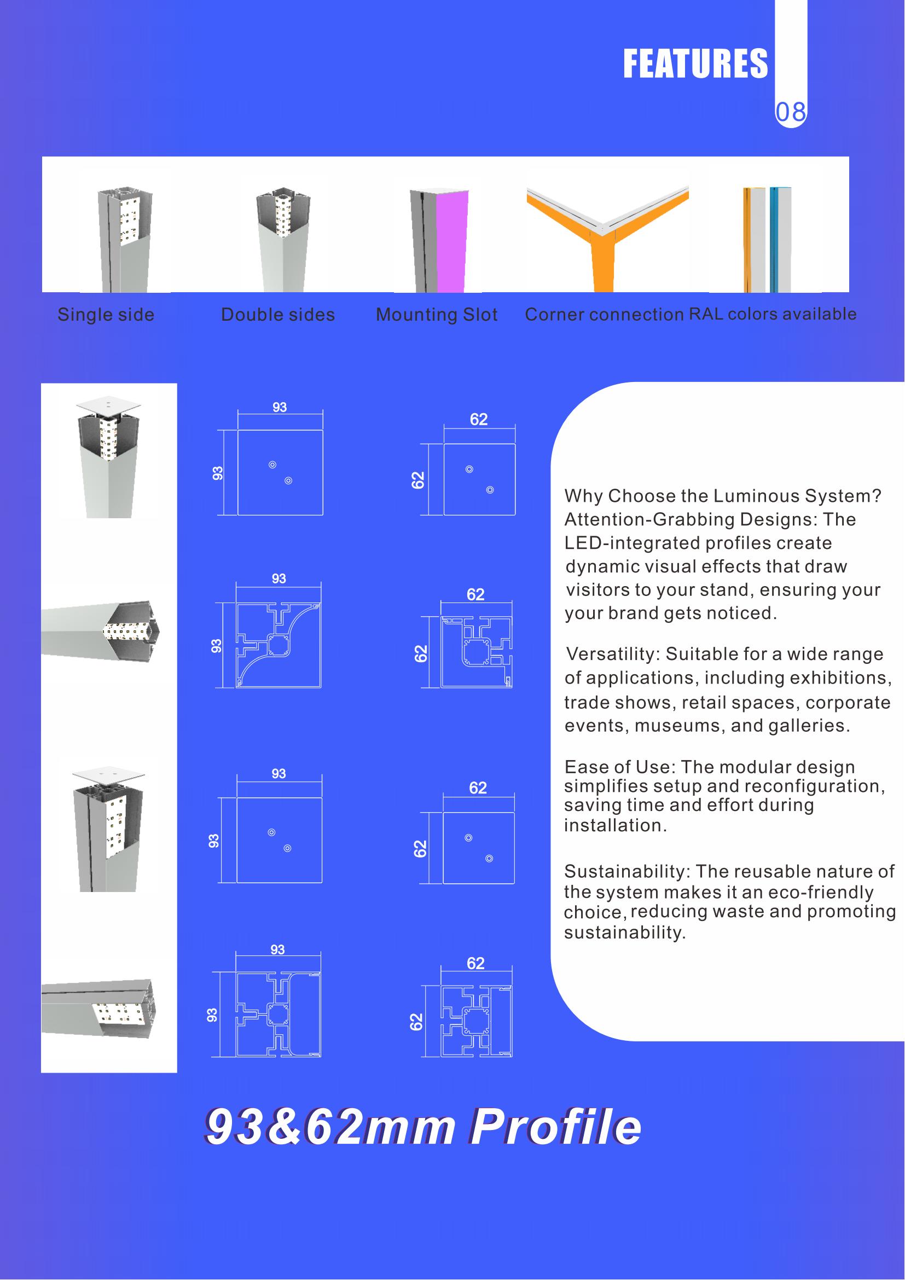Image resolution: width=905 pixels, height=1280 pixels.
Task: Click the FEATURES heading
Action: coord(695,63)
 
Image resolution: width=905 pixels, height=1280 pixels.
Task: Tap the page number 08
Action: coord(790,113)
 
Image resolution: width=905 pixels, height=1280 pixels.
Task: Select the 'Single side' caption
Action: coord(106,315)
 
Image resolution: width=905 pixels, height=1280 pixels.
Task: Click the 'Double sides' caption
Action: coord(278,315)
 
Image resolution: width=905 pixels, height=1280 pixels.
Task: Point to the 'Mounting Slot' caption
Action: coord(437,315)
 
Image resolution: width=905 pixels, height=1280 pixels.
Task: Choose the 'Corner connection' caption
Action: coord(605,315)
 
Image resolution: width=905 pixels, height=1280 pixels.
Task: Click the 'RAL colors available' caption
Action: coord(773,314)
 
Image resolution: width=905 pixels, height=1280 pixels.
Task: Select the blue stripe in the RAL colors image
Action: coord(773,240)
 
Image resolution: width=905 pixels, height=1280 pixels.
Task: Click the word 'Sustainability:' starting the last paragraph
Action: coord(628,871)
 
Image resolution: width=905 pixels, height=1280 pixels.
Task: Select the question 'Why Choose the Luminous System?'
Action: coord(723,496)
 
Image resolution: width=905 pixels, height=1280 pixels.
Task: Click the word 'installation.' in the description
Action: coord(615,825)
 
